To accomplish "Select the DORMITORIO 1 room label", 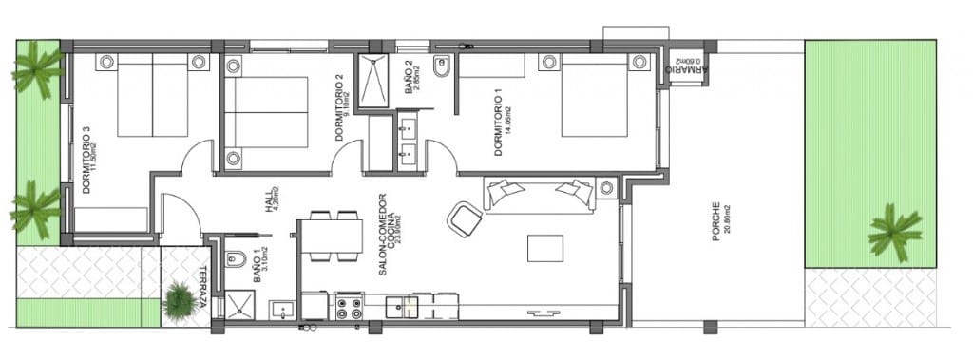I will pyautogui.click(x=498, y=123).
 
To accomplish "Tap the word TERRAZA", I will pyautogui.click(x=204, y=287).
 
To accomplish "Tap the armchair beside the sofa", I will pyautogui.click(x=466, y=219).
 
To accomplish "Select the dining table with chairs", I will pyautogui.click(x=331, y=236).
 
